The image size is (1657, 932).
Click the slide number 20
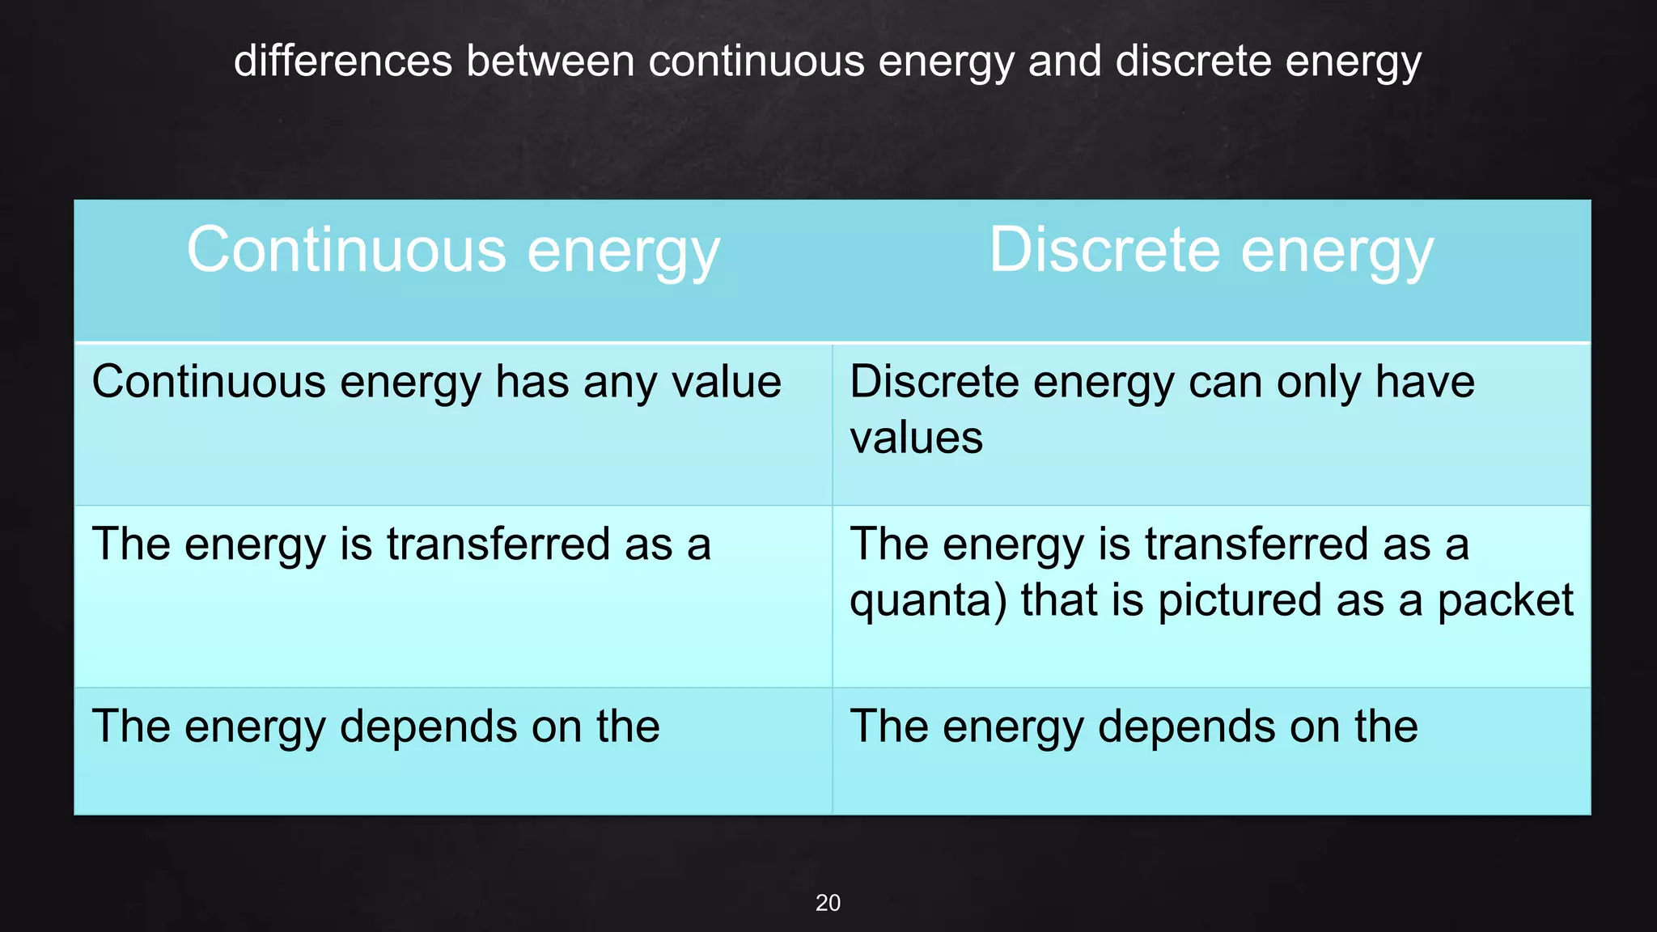828,903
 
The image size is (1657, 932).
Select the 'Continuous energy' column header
453,251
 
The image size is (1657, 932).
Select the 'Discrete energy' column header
1211,251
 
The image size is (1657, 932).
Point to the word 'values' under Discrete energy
916,438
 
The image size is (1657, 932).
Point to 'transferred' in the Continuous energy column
498,544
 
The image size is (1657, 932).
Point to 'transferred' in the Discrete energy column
1257,544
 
